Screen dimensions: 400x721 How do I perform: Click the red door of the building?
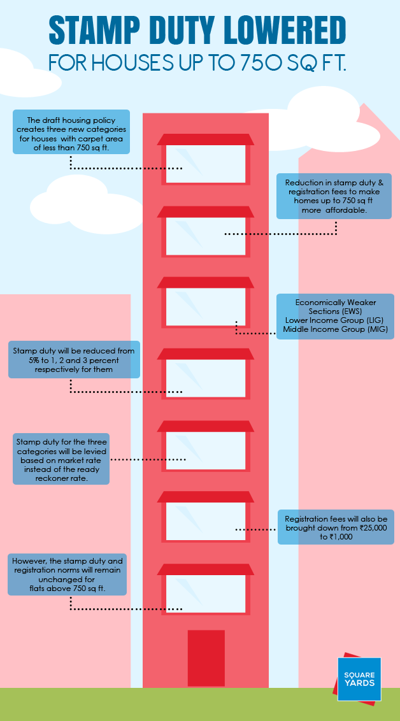click(206, 659)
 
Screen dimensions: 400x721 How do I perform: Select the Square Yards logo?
click(359, 679)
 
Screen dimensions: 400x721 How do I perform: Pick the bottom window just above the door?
click(206, 590)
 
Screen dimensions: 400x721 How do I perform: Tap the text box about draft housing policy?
click(71, 131)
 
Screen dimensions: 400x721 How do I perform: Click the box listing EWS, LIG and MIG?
click(335, 317)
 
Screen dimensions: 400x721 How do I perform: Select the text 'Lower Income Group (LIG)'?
click(334, 320)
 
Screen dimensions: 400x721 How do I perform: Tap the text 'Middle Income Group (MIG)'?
click(335, 329)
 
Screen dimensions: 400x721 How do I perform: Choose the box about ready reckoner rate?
click(61, 459)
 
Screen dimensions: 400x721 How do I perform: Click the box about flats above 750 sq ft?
click(67, 575)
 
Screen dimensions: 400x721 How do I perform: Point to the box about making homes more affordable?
click(334, 196)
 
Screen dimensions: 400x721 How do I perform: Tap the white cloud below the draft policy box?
click(87, 205)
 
